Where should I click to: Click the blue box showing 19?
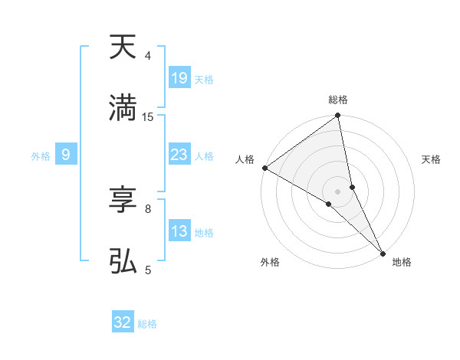179,78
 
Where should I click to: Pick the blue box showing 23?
179,155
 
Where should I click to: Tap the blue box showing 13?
179,231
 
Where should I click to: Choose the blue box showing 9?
66,155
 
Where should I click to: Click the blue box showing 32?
123,323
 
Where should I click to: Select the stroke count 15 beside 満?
148,117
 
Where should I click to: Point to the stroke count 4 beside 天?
148,56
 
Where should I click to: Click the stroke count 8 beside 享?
148,208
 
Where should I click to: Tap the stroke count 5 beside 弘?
148,270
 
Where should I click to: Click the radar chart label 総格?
338,100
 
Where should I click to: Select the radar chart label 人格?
245,159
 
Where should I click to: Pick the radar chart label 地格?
402,262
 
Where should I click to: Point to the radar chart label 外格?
270,262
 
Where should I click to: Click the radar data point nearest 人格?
264,168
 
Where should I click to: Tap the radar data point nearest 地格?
383,253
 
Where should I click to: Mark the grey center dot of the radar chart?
338,191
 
